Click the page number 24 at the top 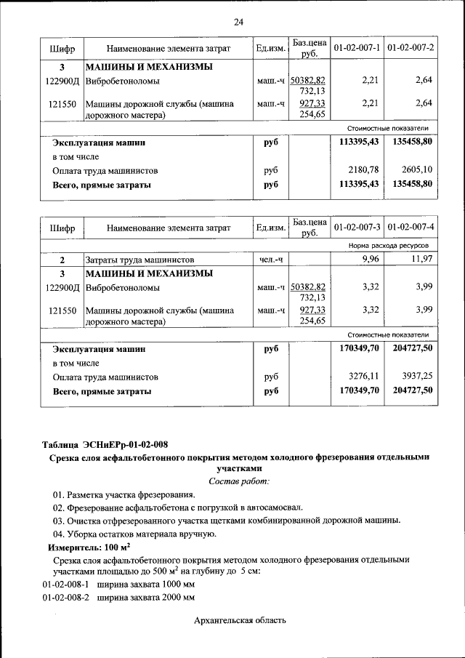(238, 22)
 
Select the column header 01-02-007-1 (357, 48)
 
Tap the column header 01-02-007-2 (411, 48)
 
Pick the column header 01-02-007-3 (357, 228)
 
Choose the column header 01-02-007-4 (411, 228)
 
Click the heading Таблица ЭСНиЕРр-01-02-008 (108, 444)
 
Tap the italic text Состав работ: (238, 481)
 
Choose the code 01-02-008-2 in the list (65, 597)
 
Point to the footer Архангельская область (240, 620)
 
